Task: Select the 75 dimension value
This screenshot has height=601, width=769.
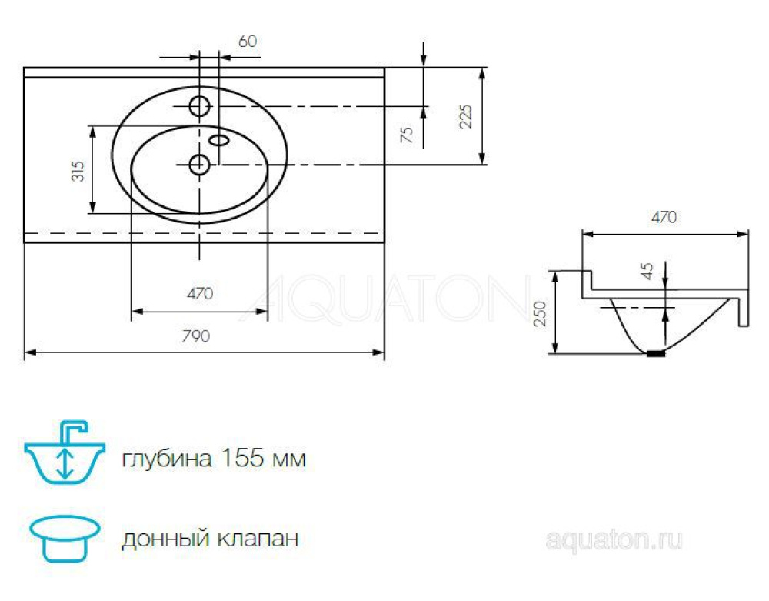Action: [x=408, y=135]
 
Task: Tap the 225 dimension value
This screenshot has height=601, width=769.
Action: [x=466, y=115]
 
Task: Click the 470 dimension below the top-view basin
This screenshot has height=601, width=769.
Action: [x=199, y=293]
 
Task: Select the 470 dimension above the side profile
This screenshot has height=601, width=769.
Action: [x=664, y=217]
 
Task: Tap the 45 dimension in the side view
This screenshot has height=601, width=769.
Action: [x=647, y=271]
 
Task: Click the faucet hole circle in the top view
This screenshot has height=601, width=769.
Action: [x=200, y=106]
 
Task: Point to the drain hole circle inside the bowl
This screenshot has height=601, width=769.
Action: [x=199, y=163]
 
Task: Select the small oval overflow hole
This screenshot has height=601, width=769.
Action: [x=220, y=139]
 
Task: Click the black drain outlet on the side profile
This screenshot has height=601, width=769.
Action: [x=655, y=353]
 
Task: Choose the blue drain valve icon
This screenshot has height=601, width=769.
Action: [x=65, y=538]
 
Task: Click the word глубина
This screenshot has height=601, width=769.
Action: [x=166, y=459]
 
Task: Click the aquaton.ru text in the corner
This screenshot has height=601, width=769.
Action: [x=613, y=540]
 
